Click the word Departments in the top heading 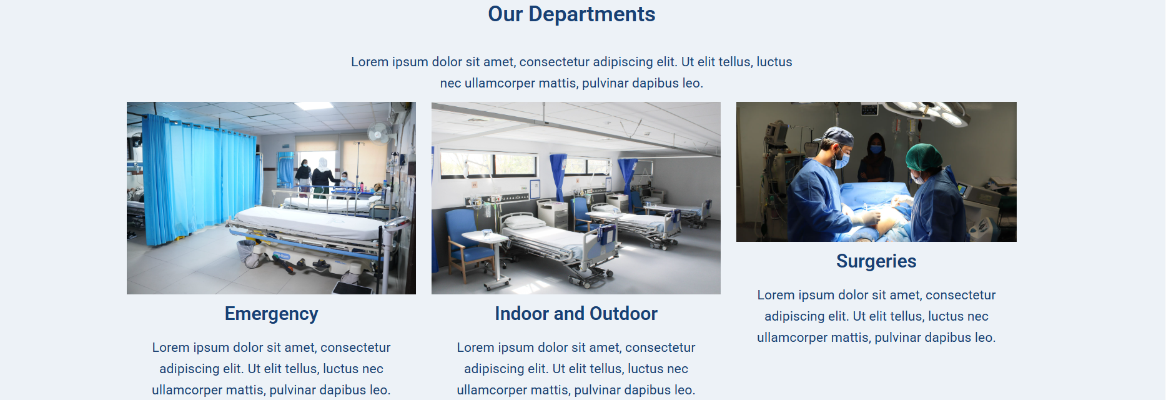pos(591,14)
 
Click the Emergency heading pos(271,314)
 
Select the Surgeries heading pos(876,261)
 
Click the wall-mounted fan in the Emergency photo pos(378,132)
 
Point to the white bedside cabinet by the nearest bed pos(552,214)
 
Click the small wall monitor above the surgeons pos(869,109)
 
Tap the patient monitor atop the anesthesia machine pos(777,132)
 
